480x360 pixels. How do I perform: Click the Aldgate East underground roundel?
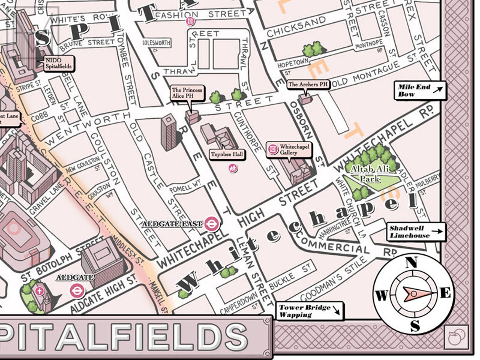(x=211, y=224)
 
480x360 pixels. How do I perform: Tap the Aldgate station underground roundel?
(x=77, y=290)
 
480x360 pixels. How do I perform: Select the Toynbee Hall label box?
(x=227, y=155)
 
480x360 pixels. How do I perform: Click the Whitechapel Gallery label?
(x=293, y=149)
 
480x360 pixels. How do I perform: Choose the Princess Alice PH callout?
(x=187, y=93)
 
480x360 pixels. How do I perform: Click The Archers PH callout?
(x=308, y=85)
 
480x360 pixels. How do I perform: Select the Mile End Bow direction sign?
(x=420, y=91)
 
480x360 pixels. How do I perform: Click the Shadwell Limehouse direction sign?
(x=416, y=232)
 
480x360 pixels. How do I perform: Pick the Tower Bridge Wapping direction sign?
(x=309, y=311)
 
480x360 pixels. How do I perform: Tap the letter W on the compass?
(x=381, y=296)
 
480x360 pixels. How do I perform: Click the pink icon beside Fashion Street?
(x=191, y=21)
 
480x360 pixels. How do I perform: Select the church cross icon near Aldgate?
(x=40, y=291)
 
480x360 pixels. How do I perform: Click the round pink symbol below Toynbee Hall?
(x=232, y=168)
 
